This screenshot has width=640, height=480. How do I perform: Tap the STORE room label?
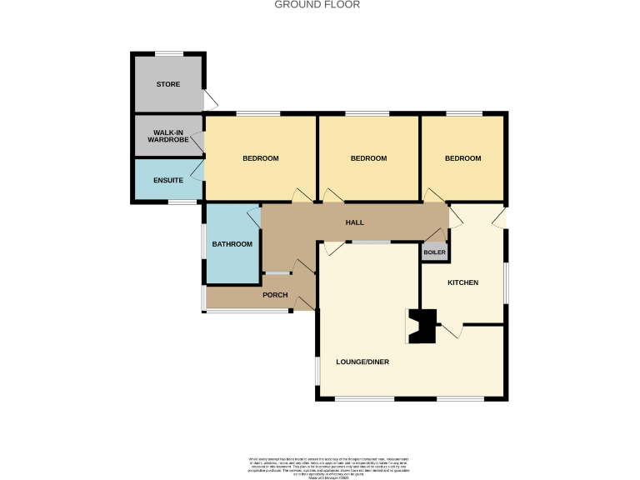tap(168, 85)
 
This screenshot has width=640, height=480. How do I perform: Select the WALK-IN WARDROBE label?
tap(169, 136)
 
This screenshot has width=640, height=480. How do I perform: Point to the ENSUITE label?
tap(168, 180)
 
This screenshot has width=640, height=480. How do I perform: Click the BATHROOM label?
tap(232, 244)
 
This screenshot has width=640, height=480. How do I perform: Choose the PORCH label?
tap(275, 295)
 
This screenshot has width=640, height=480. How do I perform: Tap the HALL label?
tap(355, 222)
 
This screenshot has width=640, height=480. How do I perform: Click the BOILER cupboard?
tap(434, 252)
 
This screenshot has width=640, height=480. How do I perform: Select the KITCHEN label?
tap(463, 283)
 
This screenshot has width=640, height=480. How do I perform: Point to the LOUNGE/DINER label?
tap(362, 362)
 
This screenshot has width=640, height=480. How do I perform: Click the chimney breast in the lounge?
tap(422, 326)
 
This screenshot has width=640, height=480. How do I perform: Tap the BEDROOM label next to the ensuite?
tap(260, 159)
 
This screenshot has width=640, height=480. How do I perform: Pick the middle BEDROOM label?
tap(368, 159)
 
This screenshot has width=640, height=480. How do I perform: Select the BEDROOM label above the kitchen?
tap(462, 159)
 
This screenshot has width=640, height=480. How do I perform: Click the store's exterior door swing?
tap(211, 101)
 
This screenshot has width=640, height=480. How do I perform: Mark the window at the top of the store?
tap(168, 54)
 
